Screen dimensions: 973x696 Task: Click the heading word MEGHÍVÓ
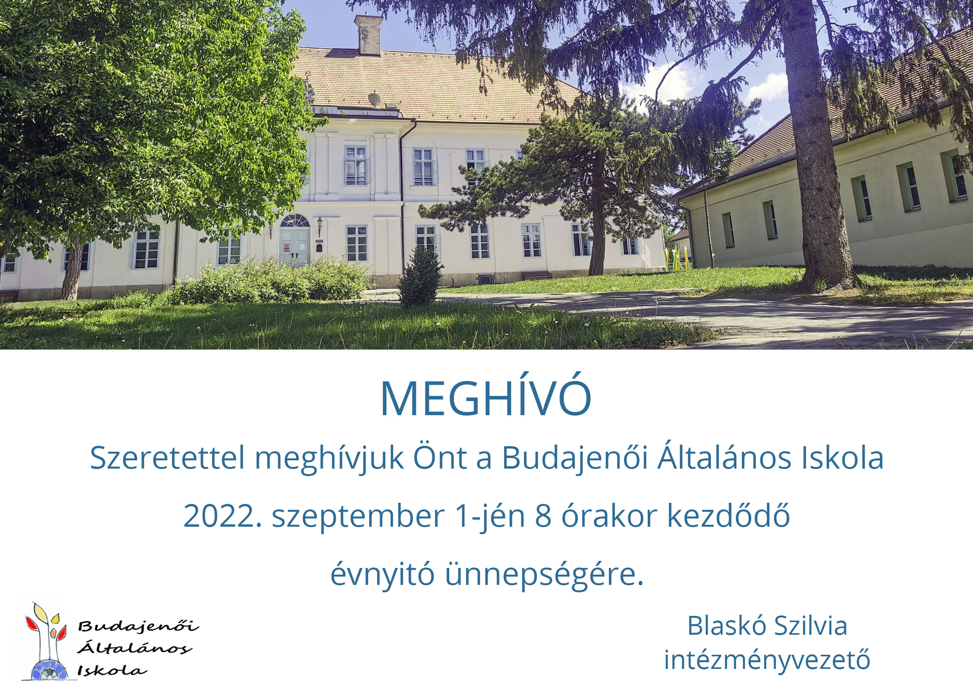[x=486, y=398]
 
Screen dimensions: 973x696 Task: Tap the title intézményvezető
[x=767, y=660]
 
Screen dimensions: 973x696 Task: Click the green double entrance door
[x=295, y=247]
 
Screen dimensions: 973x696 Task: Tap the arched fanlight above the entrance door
[x=295, y=221]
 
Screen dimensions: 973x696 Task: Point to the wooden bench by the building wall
[x=536, y=275]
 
